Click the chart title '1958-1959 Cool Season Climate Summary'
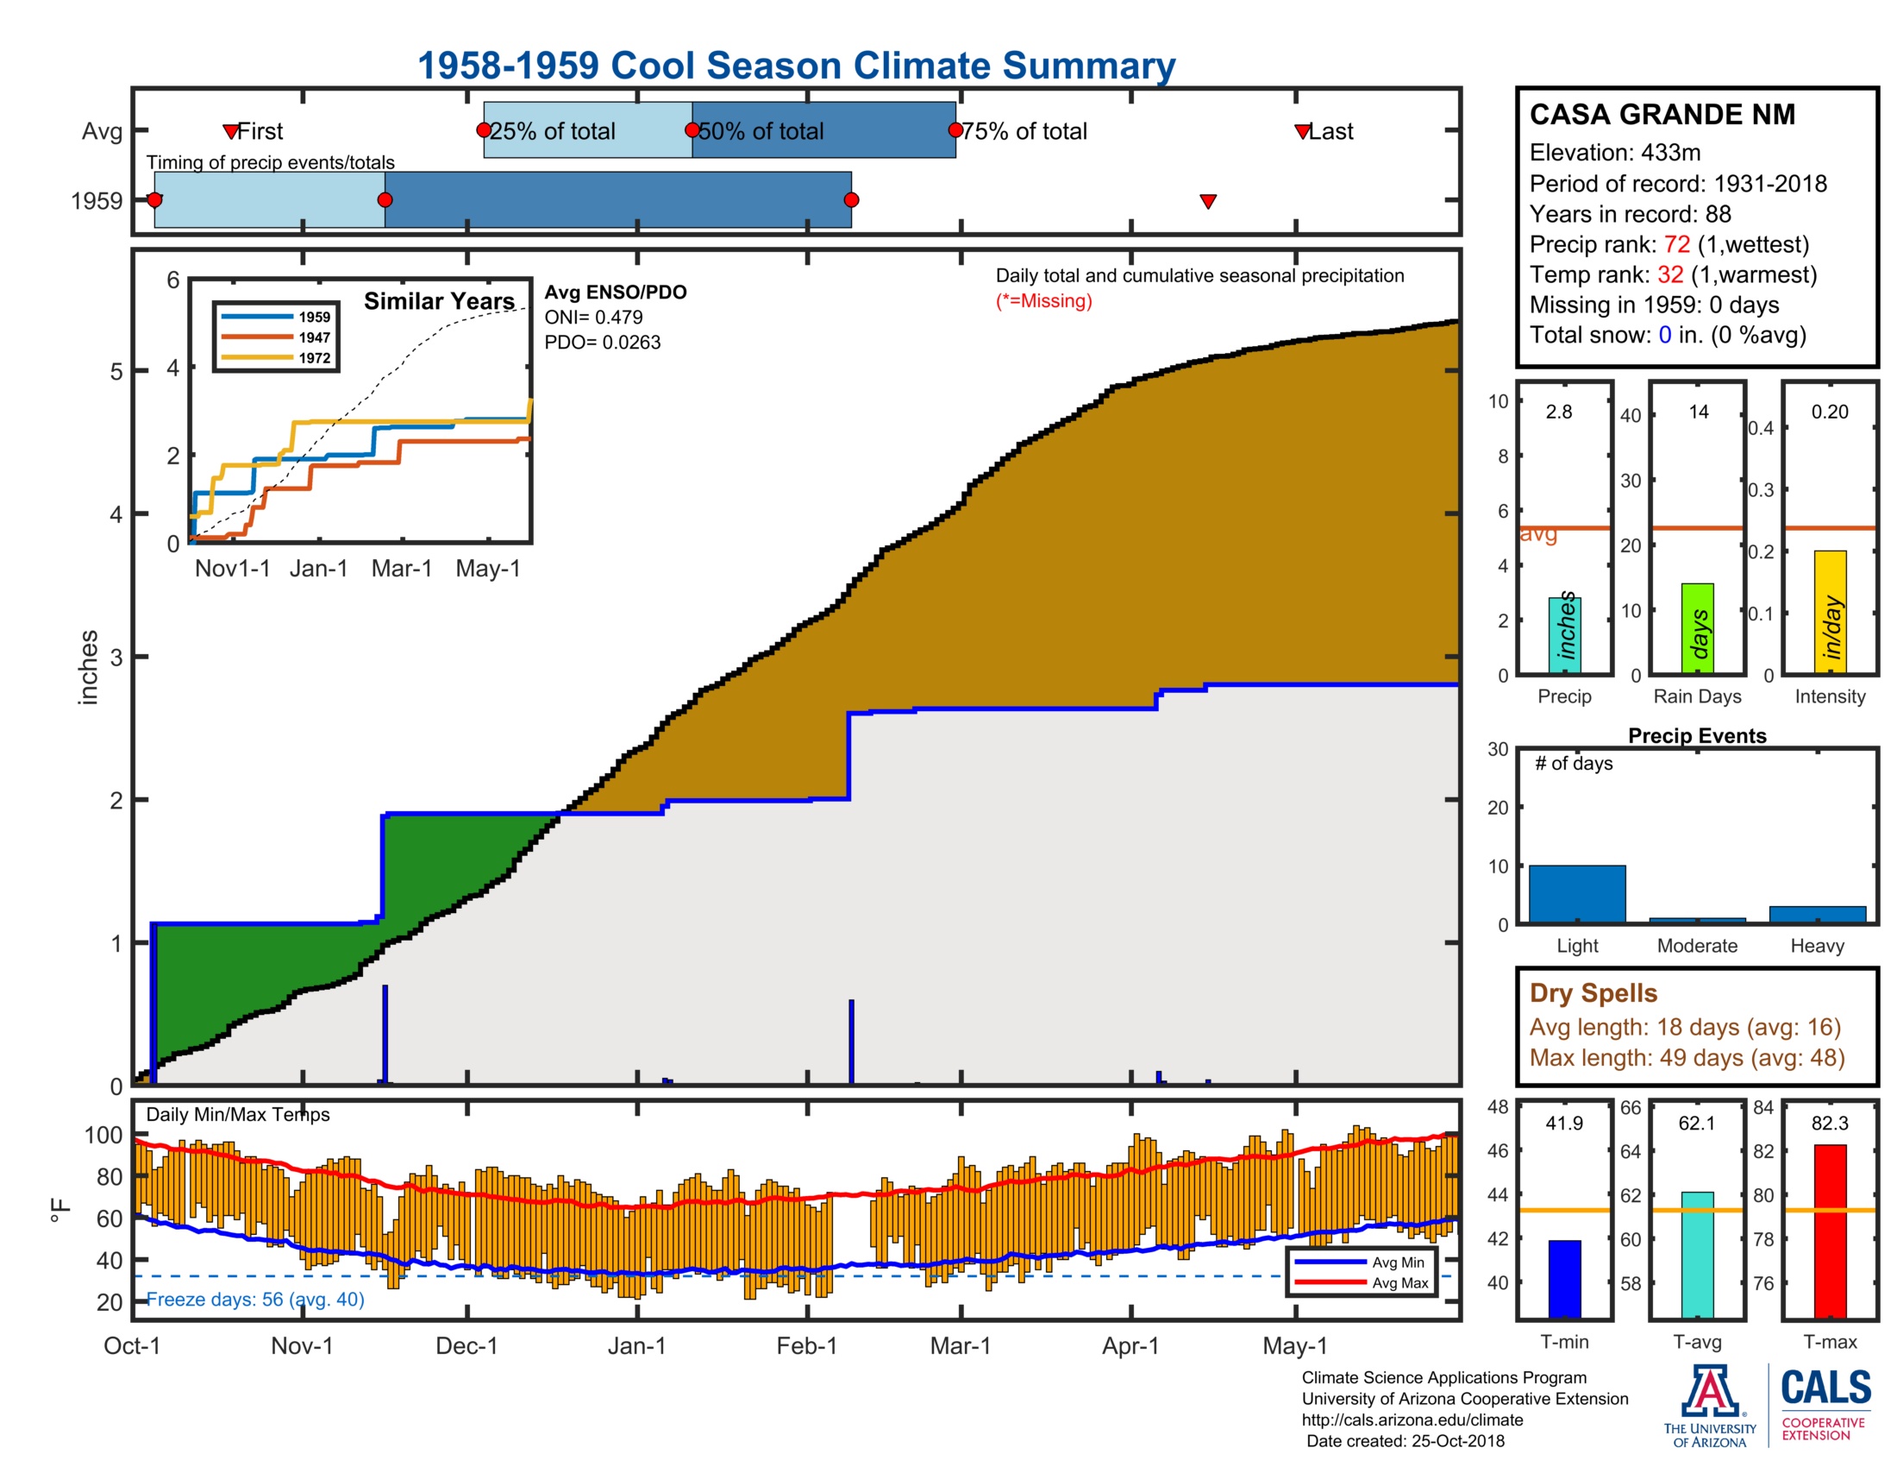[796, 66]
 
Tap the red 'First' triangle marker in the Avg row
[230, 131]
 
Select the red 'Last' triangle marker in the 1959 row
[1207, 202]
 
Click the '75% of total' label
[1024, 131]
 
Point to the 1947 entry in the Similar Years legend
[314, 337]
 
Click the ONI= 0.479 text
[593, 318]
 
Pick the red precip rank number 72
[1676, 244]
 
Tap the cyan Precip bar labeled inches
[1564, 634]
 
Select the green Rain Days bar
[1697, 627]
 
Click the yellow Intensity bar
[1829, 611]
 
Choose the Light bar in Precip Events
[1576, 892]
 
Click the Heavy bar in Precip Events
[1817, 913]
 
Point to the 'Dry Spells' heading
[1593, 992]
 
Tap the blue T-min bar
[1564, 1277]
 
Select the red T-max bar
[1829, 1230]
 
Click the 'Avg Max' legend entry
[1399, 1282]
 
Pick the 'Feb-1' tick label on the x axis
[806, 1345]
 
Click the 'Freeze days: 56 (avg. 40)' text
[255, 1299]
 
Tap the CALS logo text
[1825, 1387]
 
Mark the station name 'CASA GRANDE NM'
[1662, 115]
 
